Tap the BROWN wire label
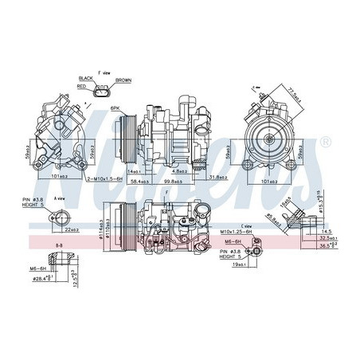coord(123,80)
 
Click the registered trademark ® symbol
coord(323,141)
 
